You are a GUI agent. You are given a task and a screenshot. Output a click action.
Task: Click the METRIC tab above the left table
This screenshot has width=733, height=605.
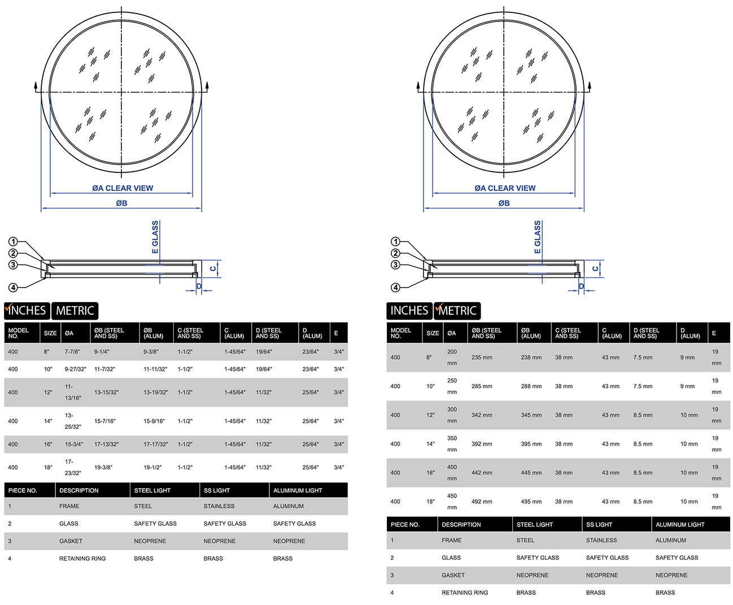tap(75, 311)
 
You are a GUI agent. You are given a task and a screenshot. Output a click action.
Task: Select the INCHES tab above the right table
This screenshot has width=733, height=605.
tap(409, 311)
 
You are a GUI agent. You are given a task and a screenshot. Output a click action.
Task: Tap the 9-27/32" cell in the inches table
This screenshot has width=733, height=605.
tap(76, 369)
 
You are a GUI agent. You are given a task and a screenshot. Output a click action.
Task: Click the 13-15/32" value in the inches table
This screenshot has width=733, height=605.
tap(106, 392)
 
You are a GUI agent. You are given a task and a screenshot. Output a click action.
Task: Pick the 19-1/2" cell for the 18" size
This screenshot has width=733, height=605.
tap(152, 467)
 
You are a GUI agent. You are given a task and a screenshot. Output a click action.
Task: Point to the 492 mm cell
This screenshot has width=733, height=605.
tap(482, 502)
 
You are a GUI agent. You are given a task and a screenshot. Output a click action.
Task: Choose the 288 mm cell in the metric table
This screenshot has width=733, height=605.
tap(531, 386)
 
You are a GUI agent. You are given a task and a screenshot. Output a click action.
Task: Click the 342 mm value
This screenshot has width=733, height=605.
tap(482, 415)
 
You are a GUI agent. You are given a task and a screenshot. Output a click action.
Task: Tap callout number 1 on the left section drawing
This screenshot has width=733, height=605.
tap(13, 242)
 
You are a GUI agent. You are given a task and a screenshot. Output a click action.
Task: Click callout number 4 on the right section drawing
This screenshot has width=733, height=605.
tap(395, 288)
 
